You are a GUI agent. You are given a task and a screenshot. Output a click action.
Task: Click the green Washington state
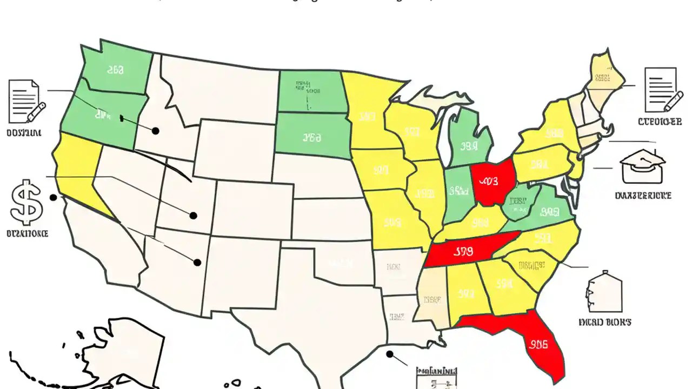point(116,70)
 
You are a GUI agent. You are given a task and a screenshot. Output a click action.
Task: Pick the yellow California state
point(76,167)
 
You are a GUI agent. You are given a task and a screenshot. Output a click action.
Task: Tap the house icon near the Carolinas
point(604,292)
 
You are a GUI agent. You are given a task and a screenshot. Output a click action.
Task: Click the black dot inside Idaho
point(156,131)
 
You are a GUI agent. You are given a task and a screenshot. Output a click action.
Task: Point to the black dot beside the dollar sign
point(53,198)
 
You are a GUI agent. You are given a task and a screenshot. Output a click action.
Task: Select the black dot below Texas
point(389,354)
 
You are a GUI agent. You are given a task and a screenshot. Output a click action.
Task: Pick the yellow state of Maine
point(604,76)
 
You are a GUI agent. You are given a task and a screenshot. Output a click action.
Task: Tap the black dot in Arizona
point(197,263)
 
